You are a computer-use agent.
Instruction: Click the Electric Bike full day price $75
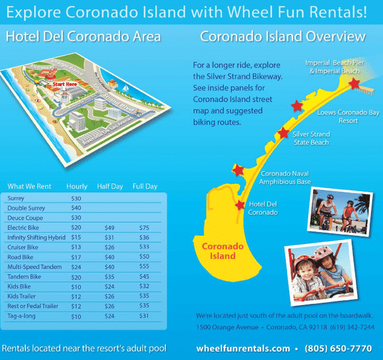(144, 228)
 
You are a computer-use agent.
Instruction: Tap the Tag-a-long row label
(21, 317)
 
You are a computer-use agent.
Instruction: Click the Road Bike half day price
(109, 257)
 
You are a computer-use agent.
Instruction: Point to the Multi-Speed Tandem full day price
(144, 267)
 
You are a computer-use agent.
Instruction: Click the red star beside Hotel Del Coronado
(241, 205)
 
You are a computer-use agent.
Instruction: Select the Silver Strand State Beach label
(311, 138)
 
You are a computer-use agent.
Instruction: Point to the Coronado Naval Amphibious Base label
(285, 178)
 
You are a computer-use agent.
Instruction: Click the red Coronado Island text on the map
(219, 251)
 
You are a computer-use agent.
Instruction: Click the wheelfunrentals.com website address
(243, 349)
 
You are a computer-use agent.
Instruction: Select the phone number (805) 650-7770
(338, 349)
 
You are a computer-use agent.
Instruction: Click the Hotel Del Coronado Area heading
(83, 37)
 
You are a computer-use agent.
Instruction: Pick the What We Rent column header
(29, 186)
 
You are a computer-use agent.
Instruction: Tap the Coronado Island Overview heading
(282, 37)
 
